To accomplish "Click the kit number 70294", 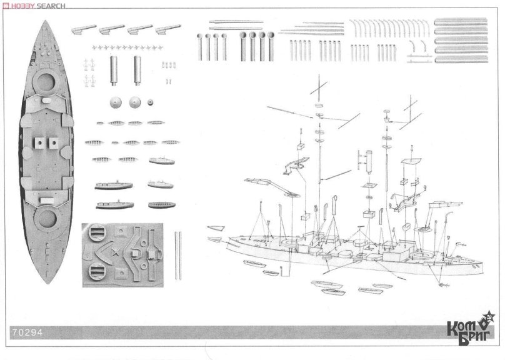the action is [27, 332].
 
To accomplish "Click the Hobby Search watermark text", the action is [34, 6].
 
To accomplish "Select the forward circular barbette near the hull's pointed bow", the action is [45, 81].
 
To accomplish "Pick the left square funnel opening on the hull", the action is [39, 142].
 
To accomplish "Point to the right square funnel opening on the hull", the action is [53, 142].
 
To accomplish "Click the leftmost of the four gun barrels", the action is [83, 29].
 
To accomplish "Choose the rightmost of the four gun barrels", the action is [167, 29].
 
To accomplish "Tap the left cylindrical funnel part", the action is [113, 71].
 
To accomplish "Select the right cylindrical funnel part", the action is [137, 71].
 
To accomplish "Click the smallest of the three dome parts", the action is [150, 102].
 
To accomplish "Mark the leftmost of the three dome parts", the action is [116, 102].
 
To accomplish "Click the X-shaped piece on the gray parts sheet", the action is [114, 252].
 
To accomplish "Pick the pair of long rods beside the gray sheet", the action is [178, 256].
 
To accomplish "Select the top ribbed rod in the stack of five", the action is [460, 22].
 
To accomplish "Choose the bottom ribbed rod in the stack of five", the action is [460, 59].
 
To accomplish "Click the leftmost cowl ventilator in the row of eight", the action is [199, 47].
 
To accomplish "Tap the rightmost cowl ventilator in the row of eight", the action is [271, 46].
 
